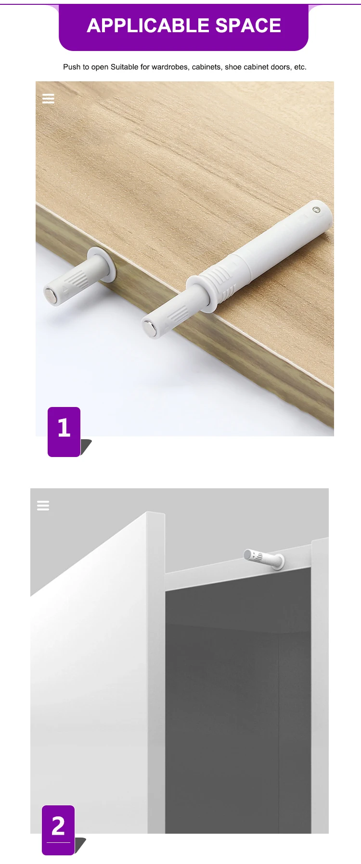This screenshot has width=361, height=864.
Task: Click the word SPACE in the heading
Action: [248, 26]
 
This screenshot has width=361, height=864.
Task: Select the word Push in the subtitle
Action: [71, 67]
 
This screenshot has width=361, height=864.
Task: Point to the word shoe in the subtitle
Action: [233, 67]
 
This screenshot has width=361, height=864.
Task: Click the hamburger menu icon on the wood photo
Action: [48, 99]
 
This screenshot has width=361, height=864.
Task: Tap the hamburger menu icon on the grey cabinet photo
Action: [43, 506]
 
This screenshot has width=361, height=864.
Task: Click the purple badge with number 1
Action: [64, 431]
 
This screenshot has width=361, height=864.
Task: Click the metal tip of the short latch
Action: [50, 295]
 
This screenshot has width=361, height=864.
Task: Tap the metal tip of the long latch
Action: [149, 328]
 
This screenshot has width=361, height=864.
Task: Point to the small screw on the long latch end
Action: [316, 210]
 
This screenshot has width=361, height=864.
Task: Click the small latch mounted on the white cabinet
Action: [264, 558]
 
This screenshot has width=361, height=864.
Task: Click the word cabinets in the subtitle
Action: [206, 67]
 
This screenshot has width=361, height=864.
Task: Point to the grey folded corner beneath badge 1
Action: [86, 446]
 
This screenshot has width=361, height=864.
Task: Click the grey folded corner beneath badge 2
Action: [80, 844]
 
